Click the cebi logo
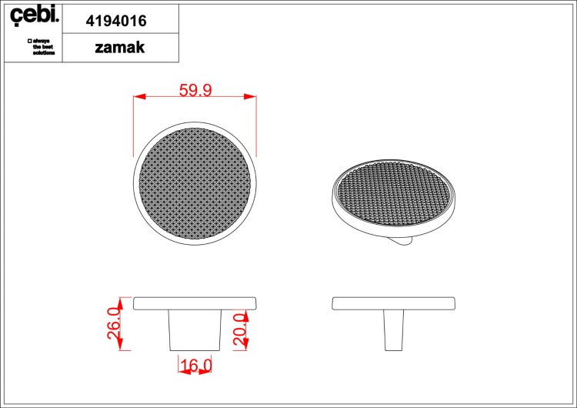[x=34, y=15]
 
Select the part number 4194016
[x=116, y=21]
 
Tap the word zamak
[x=119, y=48]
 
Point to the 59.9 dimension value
[x=195, y=90]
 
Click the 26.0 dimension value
[x=114, y=323]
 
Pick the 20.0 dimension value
[x=240, y=330]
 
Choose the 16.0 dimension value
[x=196, y=366]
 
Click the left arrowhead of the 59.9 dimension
[x=139, y=96]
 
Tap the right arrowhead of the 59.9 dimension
[x=250, y=96]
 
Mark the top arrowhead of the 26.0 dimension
[x=119, y=303]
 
